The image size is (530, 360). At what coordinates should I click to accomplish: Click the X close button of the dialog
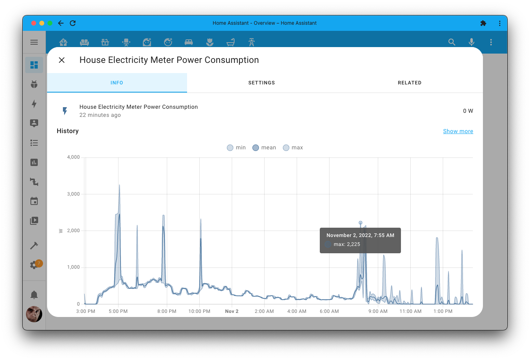point(62,60)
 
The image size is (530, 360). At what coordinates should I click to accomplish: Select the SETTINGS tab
point(261,83)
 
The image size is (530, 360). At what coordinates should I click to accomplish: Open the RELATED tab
point(409,83)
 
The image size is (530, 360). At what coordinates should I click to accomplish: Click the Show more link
point(458,131)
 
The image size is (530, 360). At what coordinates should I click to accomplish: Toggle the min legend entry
point(236,148)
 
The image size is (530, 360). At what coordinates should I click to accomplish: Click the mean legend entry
point(264,148)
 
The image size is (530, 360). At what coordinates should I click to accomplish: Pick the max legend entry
point(293,148)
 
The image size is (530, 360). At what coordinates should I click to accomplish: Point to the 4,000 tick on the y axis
point(73,157)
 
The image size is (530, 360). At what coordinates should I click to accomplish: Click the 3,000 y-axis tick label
point(73,194)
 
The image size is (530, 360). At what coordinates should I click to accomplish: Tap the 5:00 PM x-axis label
point(118,311)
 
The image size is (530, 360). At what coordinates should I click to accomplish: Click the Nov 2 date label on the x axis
point(232,311)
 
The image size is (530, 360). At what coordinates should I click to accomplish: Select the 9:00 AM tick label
point(378,311)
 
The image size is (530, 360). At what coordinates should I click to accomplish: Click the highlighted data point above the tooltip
point(360,223)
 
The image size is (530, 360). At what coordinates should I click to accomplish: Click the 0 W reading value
point(468,111)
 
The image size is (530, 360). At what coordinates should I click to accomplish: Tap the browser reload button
point(73,23)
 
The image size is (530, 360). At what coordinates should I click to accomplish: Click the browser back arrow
point(61,23)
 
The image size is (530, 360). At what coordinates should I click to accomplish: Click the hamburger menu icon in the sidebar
point(34,42)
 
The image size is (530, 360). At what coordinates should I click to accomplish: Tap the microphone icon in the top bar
point(471,42)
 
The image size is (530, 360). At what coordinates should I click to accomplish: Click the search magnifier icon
point(452,42)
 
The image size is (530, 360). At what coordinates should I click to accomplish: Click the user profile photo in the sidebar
point(34,314)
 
